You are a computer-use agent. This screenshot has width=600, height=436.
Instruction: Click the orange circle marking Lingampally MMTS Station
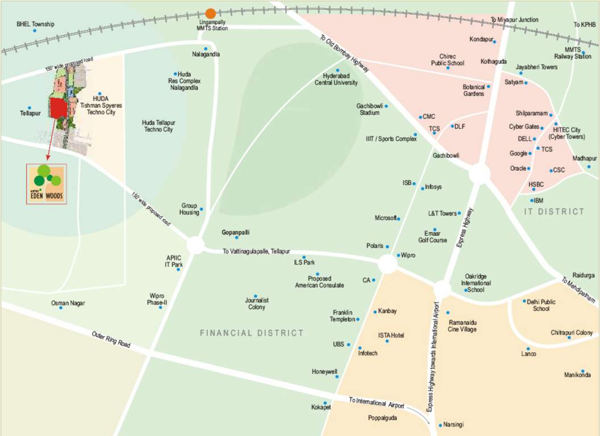click(x=210, y=13)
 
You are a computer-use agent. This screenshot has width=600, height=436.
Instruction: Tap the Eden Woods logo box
click(x=47, y=183)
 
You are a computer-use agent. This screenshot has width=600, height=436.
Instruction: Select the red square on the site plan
click(x=57, y=108)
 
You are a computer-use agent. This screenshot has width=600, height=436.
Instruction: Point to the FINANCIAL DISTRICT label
click(x=252, y=333)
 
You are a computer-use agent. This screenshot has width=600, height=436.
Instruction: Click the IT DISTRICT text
click(x=554, y=212)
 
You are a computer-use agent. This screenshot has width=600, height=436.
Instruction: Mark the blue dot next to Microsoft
click(x=398, y=219)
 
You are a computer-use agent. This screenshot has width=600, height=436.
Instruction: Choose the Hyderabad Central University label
click(x=337, y=79)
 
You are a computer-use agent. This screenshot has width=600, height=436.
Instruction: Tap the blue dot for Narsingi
click(x=440, y=425)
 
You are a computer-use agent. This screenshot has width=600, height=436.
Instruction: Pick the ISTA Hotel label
click(x=391, y=336)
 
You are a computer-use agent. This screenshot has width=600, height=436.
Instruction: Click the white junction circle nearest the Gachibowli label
click(x=480, y=174)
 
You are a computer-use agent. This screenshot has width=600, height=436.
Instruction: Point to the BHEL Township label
click(x=35, y=24)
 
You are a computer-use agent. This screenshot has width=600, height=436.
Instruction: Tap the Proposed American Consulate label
click(x=319, y=282)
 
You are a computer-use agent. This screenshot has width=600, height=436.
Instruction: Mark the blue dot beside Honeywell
click(x=337, y=376)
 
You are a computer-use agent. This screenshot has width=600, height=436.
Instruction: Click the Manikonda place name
click(x=577, y=375)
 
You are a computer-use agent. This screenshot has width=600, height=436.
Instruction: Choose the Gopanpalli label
click(x=235, y=233)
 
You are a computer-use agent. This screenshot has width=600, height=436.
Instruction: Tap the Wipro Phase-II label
click(x=157, y=299)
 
